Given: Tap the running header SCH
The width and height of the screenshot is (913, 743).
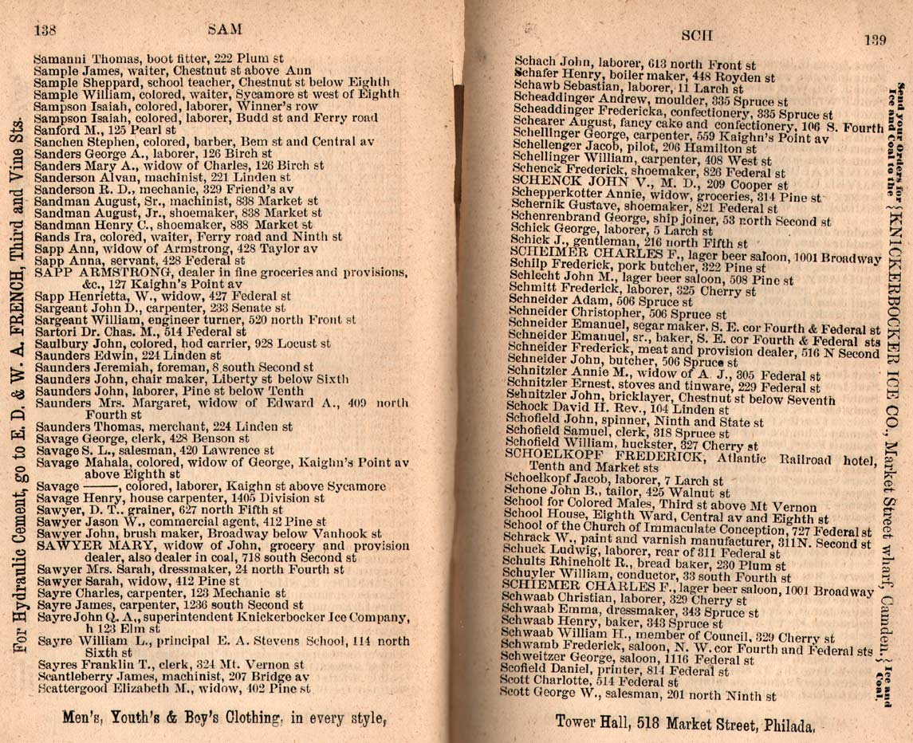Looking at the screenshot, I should point(697,36).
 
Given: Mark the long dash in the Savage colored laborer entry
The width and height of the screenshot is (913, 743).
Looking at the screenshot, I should point(97,484).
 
